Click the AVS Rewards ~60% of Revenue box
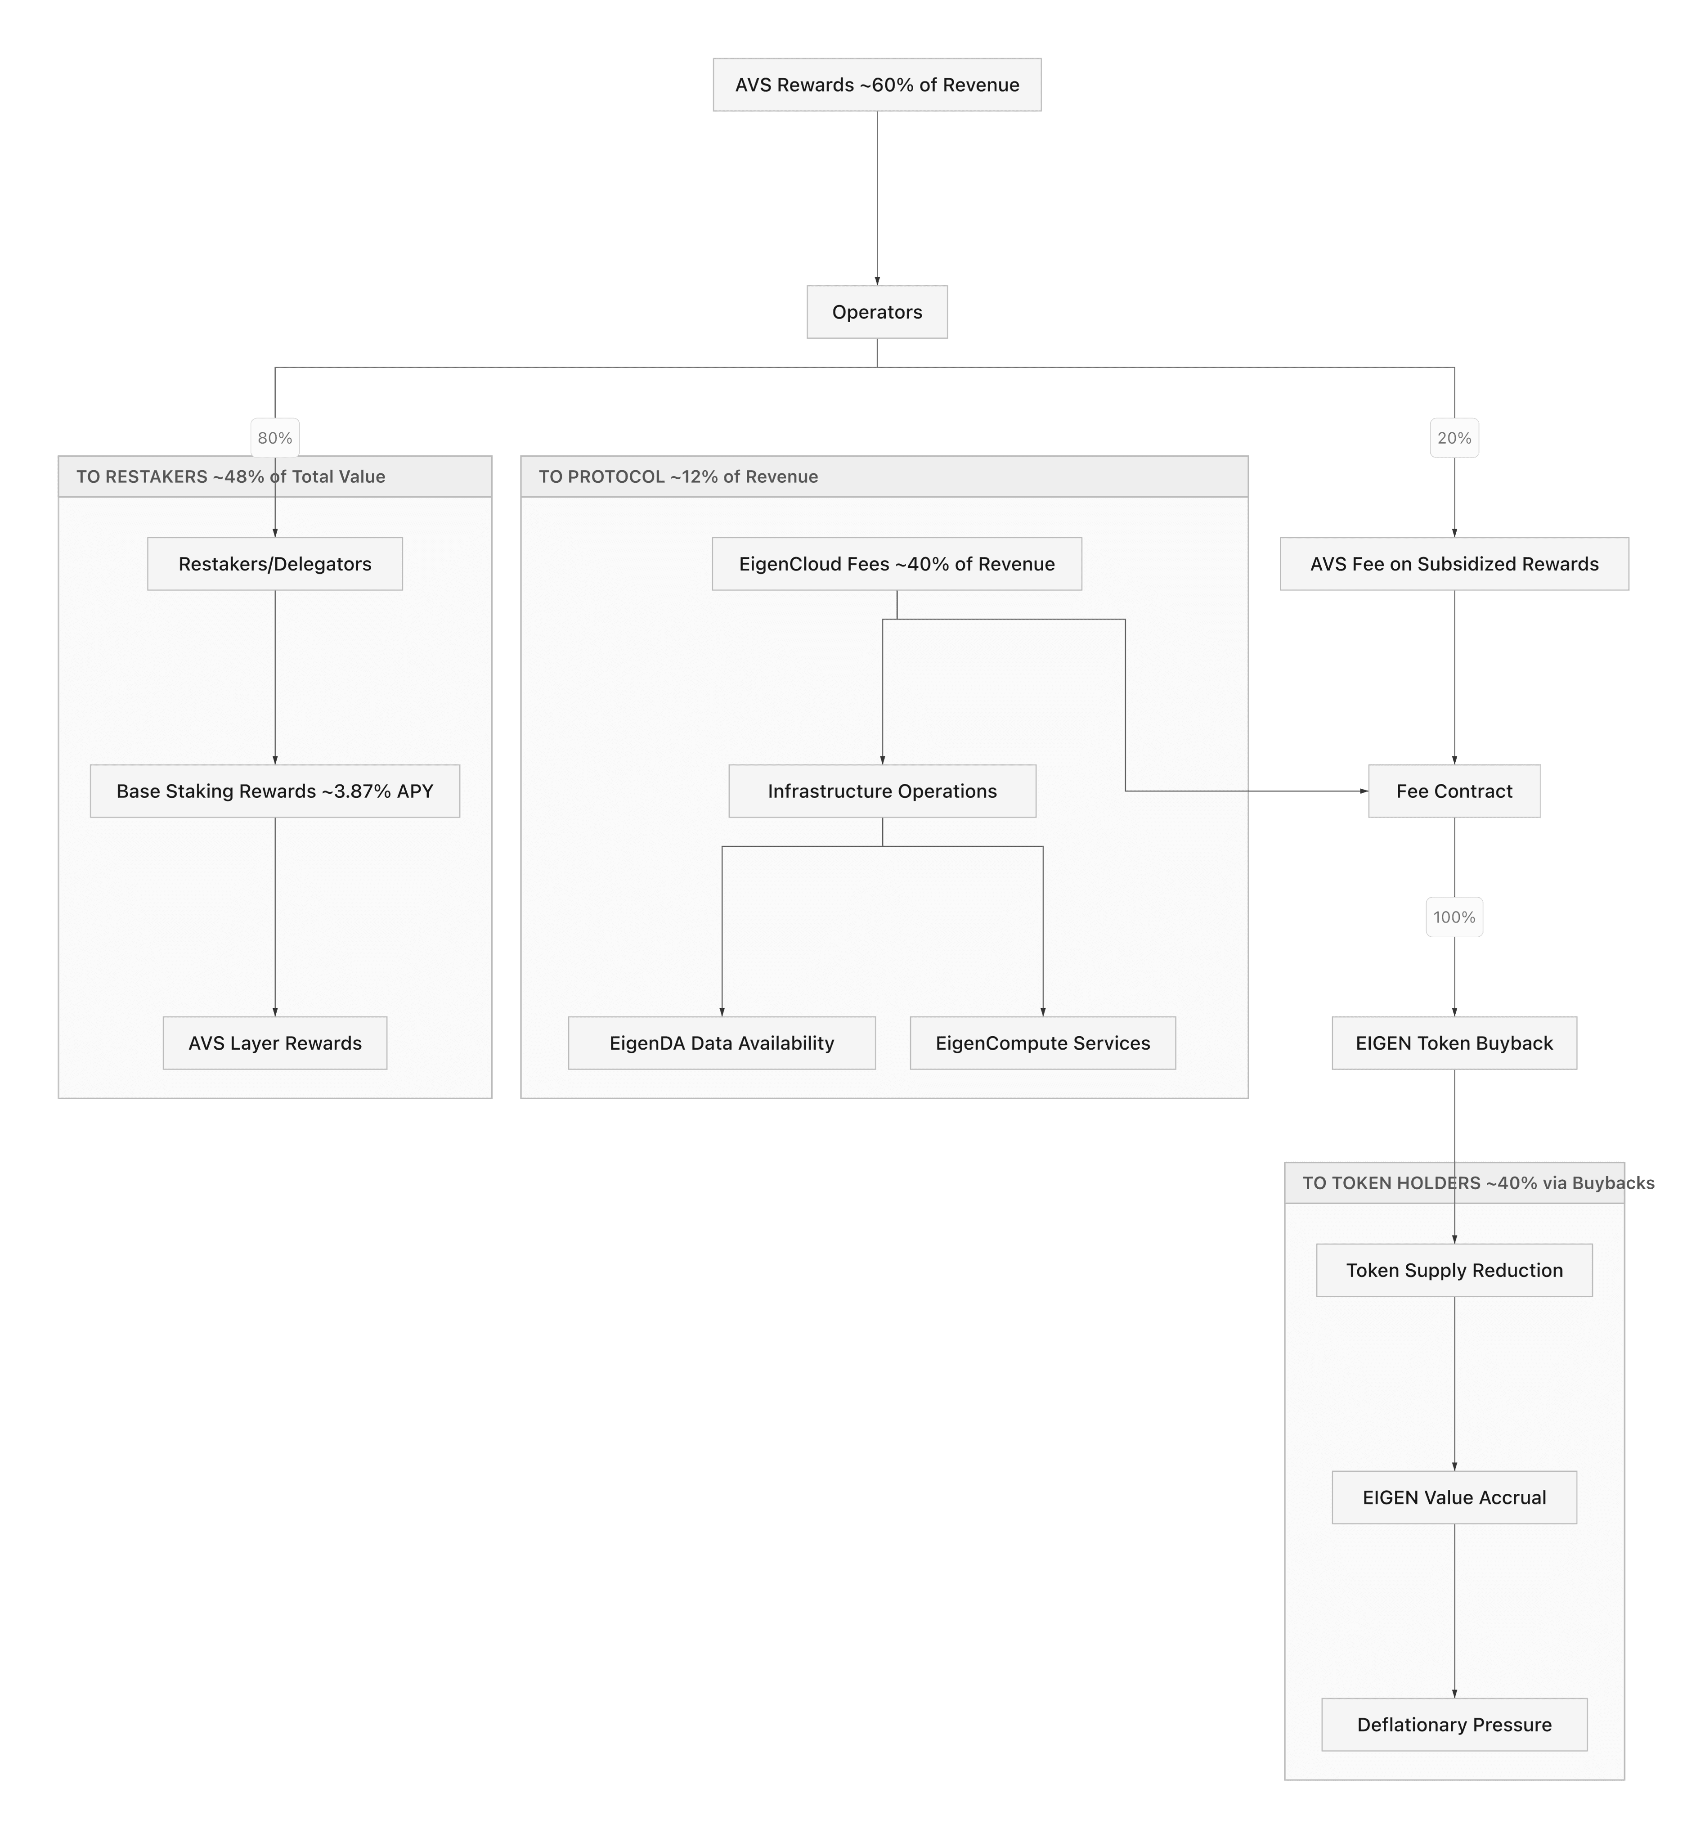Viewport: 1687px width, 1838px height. (x=876, y=85)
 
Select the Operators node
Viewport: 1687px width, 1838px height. (x=876, y=312)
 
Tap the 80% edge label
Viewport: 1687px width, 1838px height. (x=275, y=438)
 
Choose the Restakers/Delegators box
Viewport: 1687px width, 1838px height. (x=275, y=564)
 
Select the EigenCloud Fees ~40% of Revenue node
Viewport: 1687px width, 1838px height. (x=897, y=564)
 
